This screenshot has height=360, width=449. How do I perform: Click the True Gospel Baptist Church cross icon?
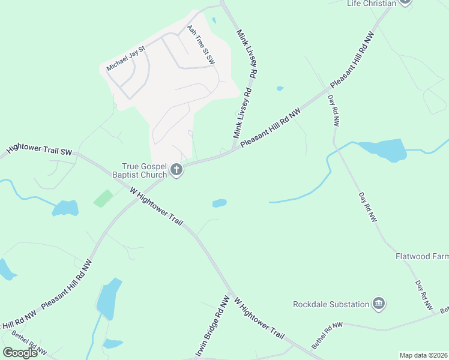coord(176,170)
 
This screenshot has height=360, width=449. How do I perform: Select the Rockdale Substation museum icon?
coord(378,304)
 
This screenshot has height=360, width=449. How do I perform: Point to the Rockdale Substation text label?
coord(331,304)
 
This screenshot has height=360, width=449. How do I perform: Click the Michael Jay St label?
coord(126,58)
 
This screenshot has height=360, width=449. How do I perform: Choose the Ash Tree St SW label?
coord(200,45)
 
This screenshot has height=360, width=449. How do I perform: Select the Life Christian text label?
coord(372,4)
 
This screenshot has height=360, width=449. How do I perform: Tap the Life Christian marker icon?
coord(405,2)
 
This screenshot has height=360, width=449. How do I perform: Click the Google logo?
coord(20,353)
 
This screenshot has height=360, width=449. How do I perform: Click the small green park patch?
coord(103,198)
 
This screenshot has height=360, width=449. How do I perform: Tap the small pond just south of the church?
coord(219,203)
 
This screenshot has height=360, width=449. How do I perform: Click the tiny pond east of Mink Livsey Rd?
coord(280,89)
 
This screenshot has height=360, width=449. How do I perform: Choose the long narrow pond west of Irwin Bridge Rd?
coord(108,299)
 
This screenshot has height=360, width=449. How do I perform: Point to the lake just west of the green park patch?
coord(65,208)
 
